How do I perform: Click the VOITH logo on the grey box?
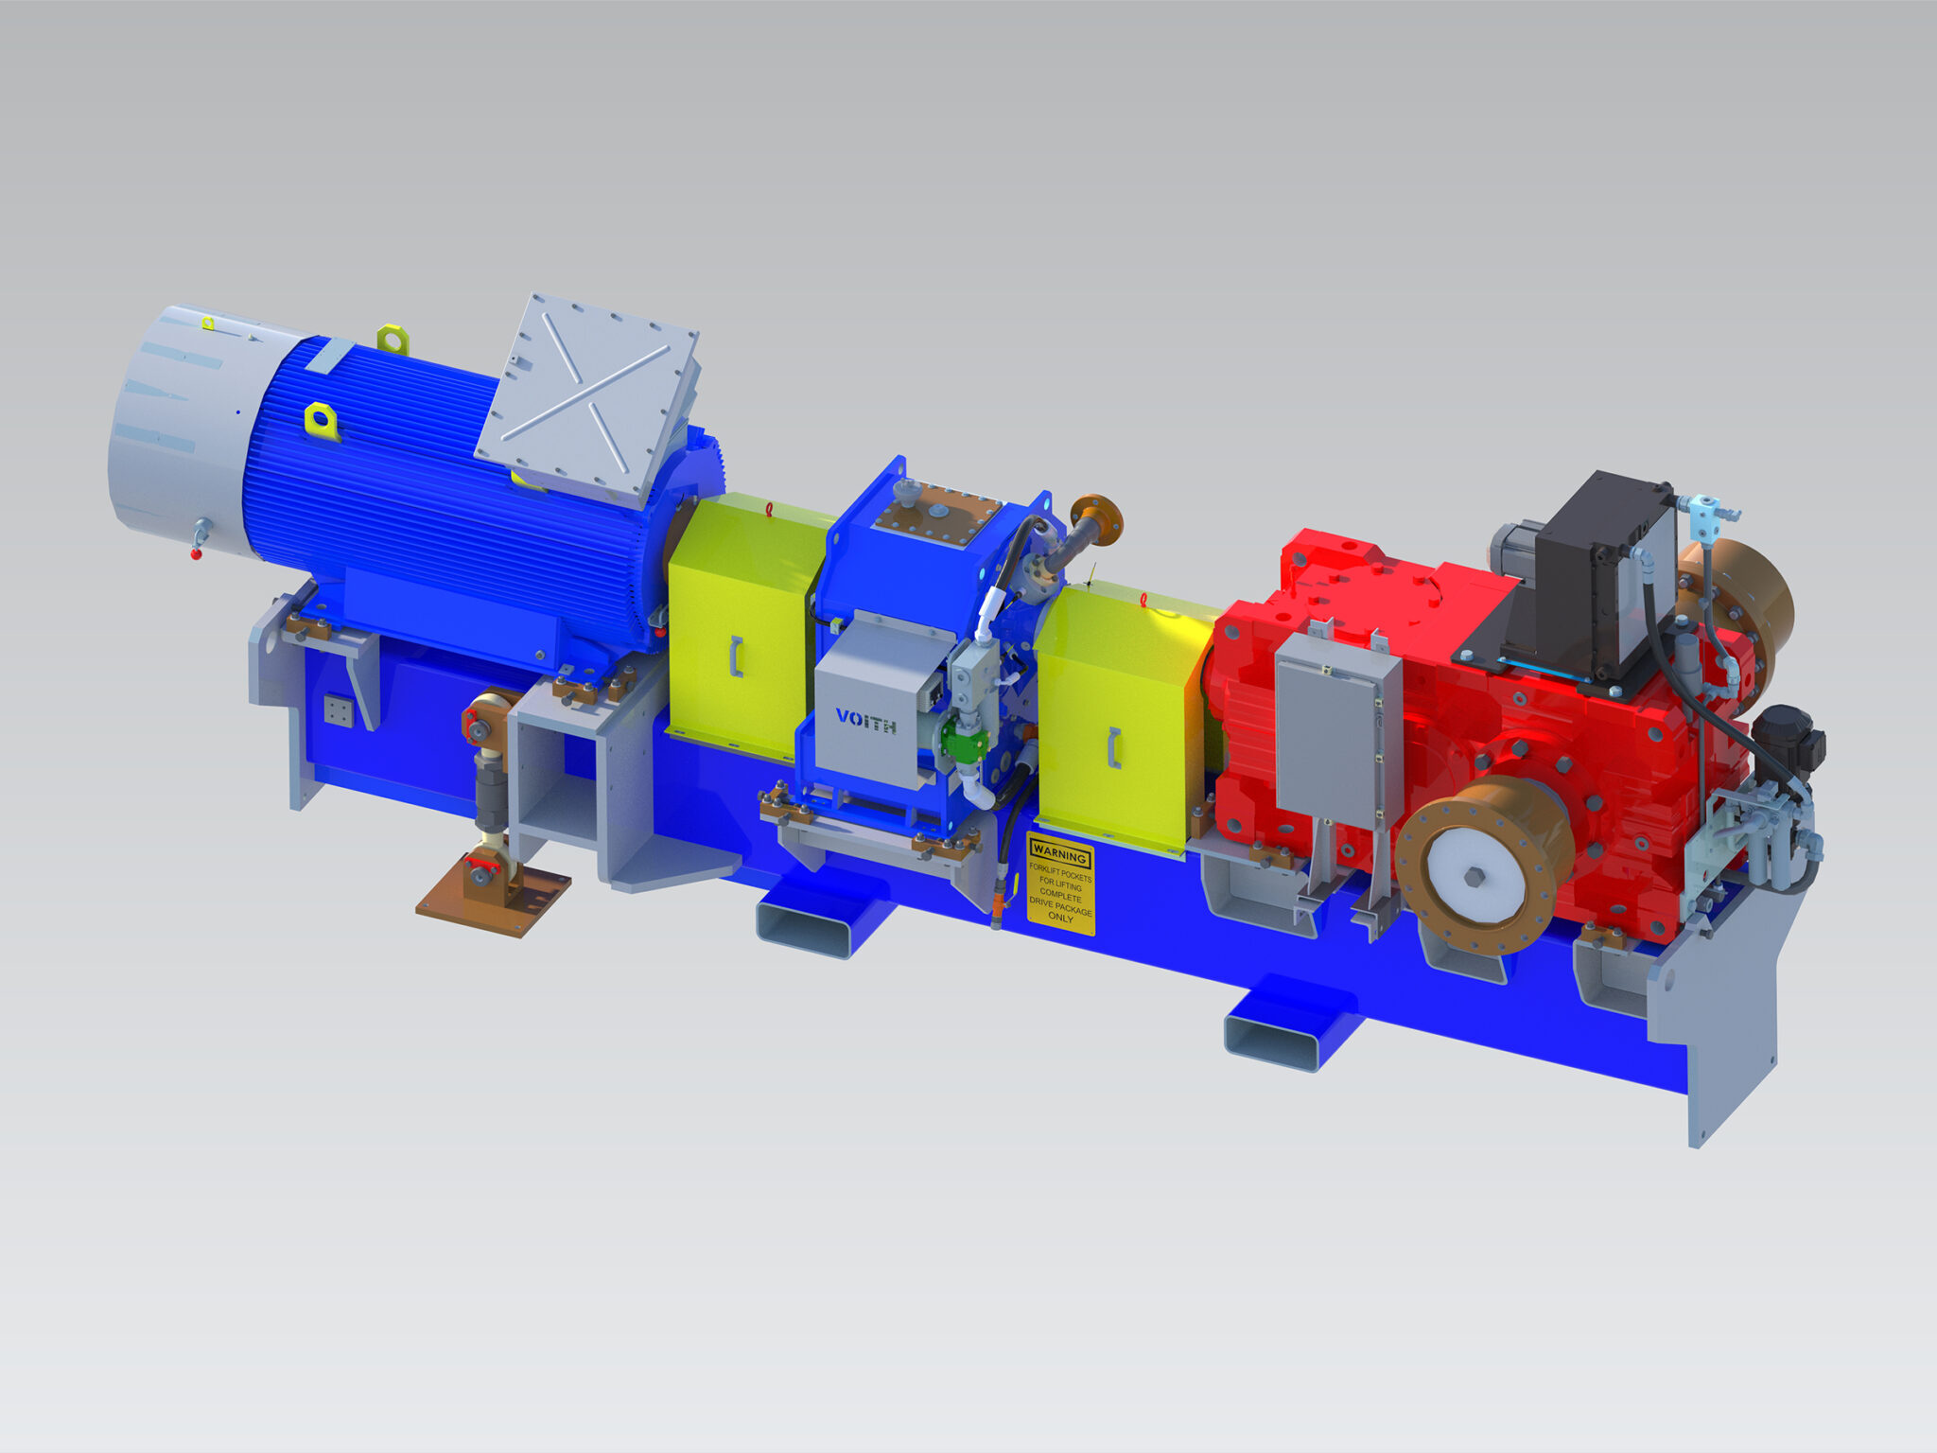pos(865,718)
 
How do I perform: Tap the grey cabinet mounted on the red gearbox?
pos(1335,727)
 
